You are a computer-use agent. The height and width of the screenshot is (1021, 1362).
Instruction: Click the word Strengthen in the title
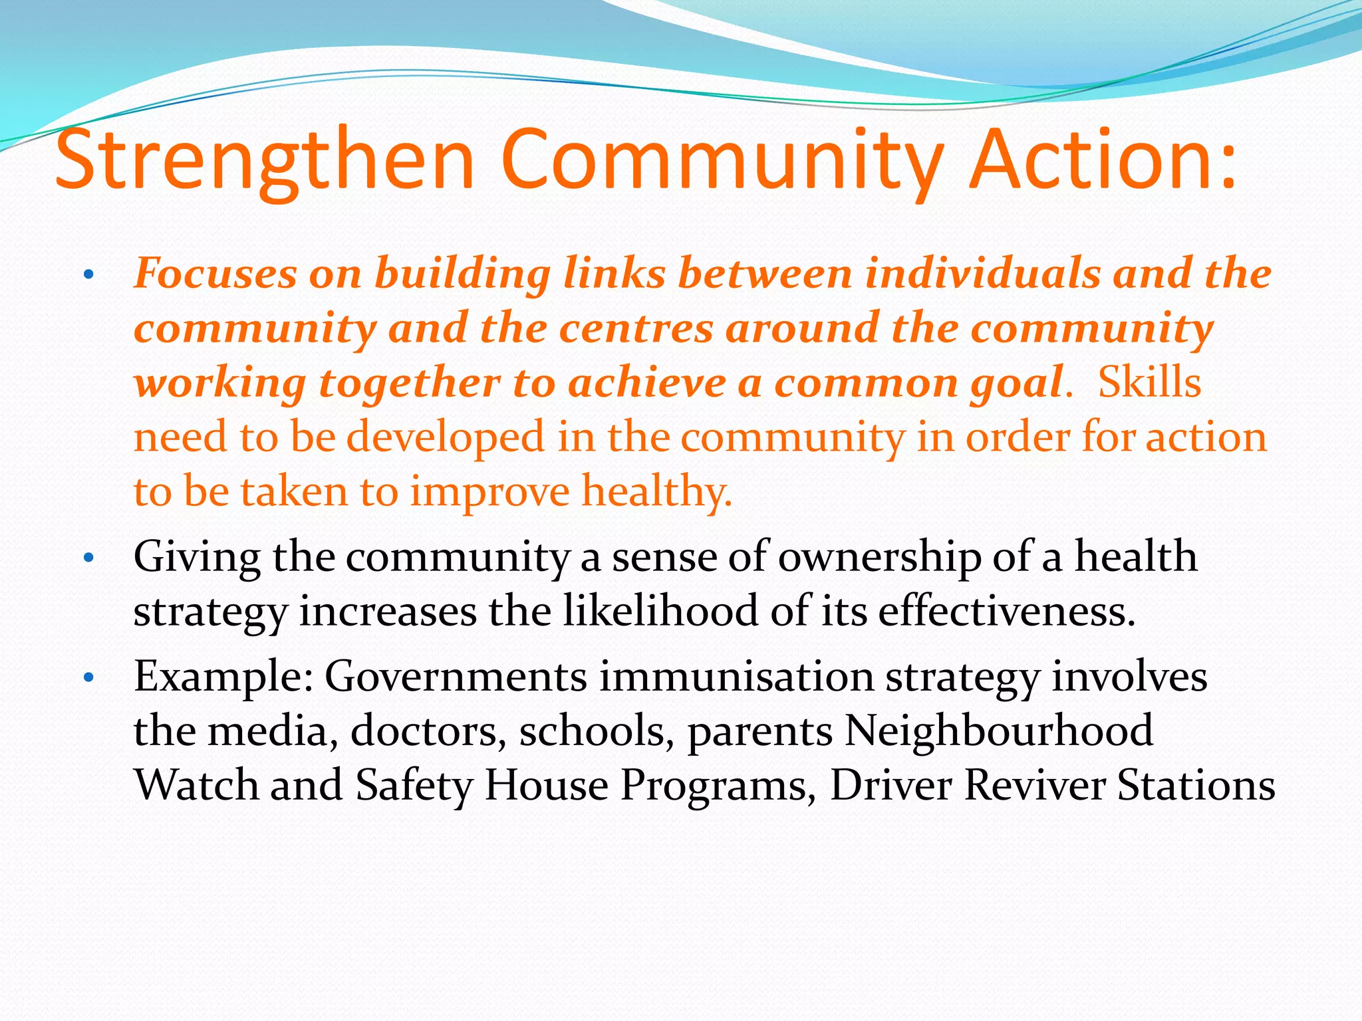265,161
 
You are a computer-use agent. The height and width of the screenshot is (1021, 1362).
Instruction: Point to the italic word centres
636,328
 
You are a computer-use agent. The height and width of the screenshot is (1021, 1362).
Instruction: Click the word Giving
197,558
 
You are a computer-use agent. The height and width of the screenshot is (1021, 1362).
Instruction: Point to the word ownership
879,558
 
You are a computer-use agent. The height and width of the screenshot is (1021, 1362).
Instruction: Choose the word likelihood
660,611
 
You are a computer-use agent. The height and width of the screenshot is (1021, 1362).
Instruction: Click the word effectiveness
1006,611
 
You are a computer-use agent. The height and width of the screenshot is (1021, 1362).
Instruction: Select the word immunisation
736,677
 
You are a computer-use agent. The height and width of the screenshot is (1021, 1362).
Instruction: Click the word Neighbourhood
999,731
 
